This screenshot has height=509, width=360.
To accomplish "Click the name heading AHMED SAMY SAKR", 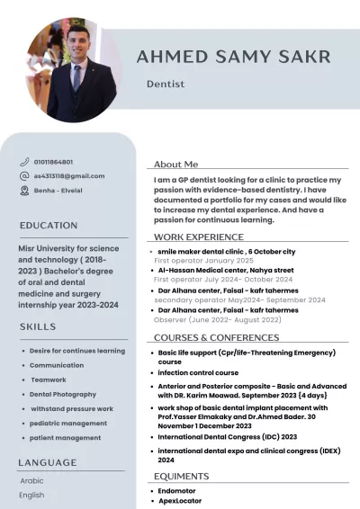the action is pos(233,58).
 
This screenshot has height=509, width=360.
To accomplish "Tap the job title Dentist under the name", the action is pos(166,84).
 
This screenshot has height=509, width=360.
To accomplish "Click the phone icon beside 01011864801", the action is pos(24,162).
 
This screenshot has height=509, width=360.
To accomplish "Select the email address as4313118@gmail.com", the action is pos(69,176).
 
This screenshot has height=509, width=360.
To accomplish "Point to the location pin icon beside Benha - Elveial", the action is pos(24,191).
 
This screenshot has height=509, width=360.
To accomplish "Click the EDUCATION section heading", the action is pos(49,225).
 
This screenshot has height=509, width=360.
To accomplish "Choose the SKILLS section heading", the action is pos(38,326).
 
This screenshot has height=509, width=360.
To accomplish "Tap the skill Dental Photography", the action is pos(63,394).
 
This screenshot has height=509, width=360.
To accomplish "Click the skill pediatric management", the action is pos(68,423).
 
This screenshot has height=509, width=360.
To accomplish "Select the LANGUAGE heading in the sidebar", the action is pos(48,462).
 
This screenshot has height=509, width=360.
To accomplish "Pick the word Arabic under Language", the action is pos(31,480).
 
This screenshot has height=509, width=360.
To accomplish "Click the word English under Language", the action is pos(31,495).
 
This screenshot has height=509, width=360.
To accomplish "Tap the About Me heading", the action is pos(175,165).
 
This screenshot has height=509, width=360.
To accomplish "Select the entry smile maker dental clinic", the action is pos(226,252).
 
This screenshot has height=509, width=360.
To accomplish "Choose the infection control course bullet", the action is pos(198,372).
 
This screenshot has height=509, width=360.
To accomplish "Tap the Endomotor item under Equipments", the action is pos(177,491).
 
